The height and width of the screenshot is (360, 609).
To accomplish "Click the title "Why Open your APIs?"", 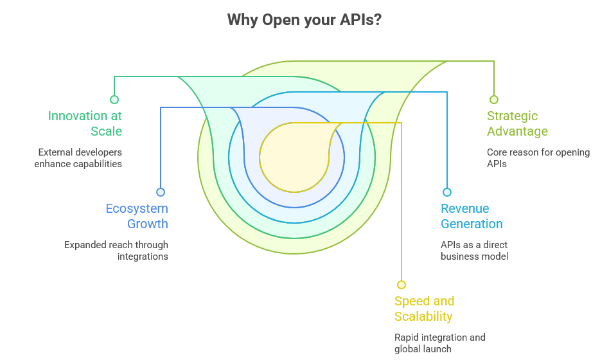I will click(x=304, y=20).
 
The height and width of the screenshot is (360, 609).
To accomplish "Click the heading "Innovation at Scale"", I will click(x=85, y=123).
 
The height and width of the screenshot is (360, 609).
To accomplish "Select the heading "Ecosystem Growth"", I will click(x=137, y=216).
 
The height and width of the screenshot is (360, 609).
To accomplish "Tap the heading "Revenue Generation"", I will click(x=472, y=216).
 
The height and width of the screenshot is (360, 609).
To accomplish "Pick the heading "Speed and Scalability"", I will click(x=424, y=309).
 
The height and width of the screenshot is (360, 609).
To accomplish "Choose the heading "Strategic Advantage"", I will click(x=517, y=123).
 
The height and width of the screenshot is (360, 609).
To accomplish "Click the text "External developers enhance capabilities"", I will click(x=78, y=158).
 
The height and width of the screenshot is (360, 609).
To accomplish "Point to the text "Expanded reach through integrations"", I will click(x=116, y=251).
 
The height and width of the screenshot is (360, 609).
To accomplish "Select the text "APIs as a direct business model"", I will click(x=474, y=251).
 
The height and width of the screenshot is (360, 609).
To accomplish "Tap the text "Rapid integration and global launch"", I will click(x=439, y=343).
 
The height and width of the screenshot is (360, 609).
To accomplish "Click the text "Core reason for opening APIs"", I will click(x=538, y=158).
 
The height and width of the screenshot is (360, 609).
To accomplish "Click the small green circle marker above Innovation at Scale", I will click(x=114, y=100).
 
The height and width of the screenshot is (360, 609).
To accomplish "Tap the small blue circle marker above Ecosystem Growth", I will click(x=161, y=192).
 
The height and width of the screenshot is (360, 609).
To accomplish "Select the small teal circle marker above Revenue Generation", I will click(x=447, y=192).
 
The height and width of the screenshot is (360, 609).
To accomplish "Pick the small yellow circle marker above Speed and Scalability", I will click(x=402, y=285).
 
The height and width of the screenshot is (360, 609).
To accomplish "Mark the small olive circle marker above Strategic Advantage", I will click(x=494, y=100).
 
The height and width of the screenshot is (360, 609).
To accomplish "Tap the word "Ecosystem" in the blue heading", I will click(x=137, y=208).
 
